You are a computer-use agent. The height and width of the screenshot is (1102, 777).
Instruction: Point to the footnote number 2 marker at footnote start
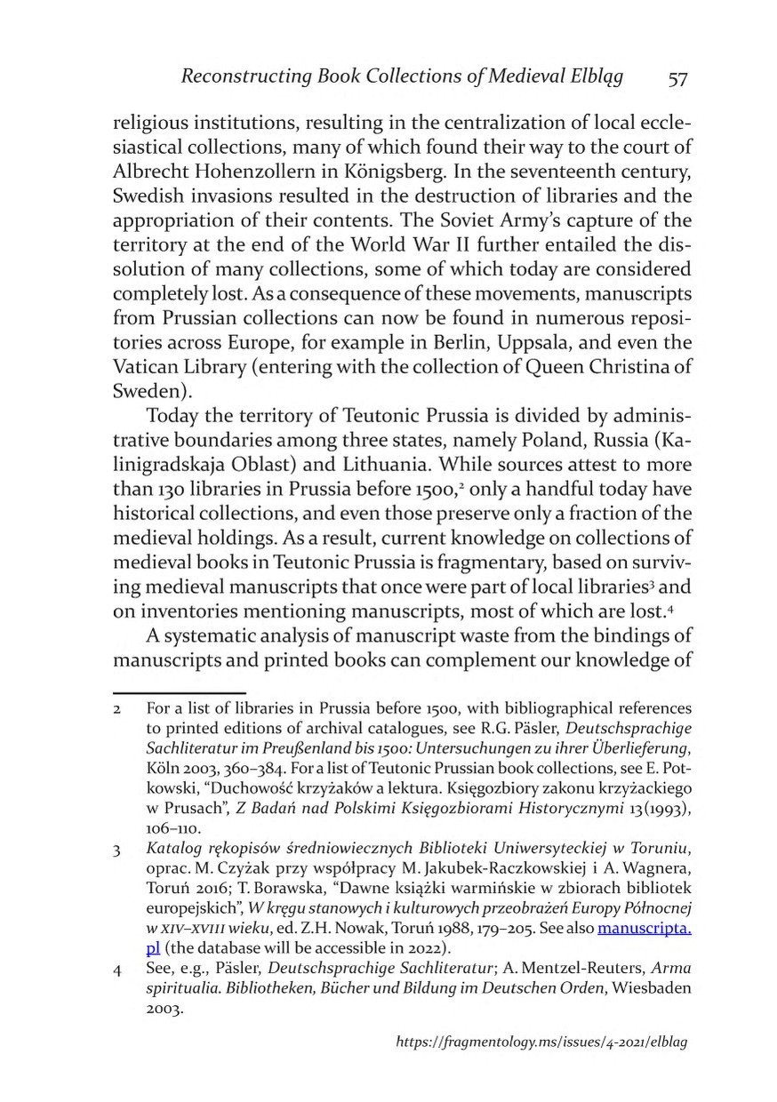116,708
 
